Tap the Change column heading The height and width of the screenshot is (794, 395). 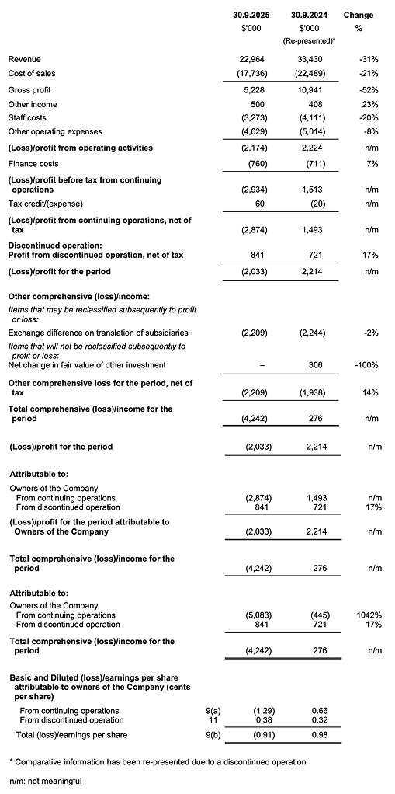click(x=358, y=15)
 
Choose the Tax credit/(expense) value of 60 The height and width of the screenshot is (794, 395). click(x=259, y=204)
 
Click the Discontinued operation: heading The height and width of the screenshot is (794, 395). click(x=48, y=245)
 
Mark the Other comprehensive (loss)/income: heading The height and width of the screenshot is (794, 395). click(x=68, y=296)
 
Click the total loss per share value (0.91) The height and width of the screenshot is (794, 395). click(x=256, y=735)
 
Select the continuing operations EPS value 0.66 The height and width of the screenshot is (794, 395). click(x=317, y=710)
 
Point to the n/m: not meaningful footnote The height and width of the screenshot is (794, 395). click(x=45, y=780)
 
